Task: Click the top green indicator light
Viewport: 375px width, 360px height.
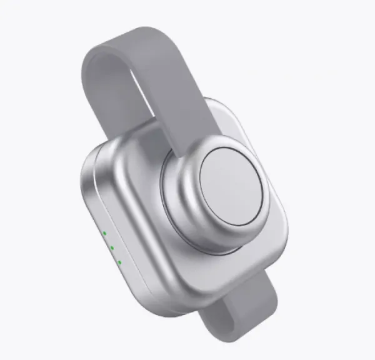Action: coord(104,234)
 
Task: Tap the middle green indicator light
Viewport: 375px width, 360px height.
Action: coord(112,247)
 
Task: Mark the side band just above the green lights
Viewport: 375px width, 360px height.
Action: coord(94,206)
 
